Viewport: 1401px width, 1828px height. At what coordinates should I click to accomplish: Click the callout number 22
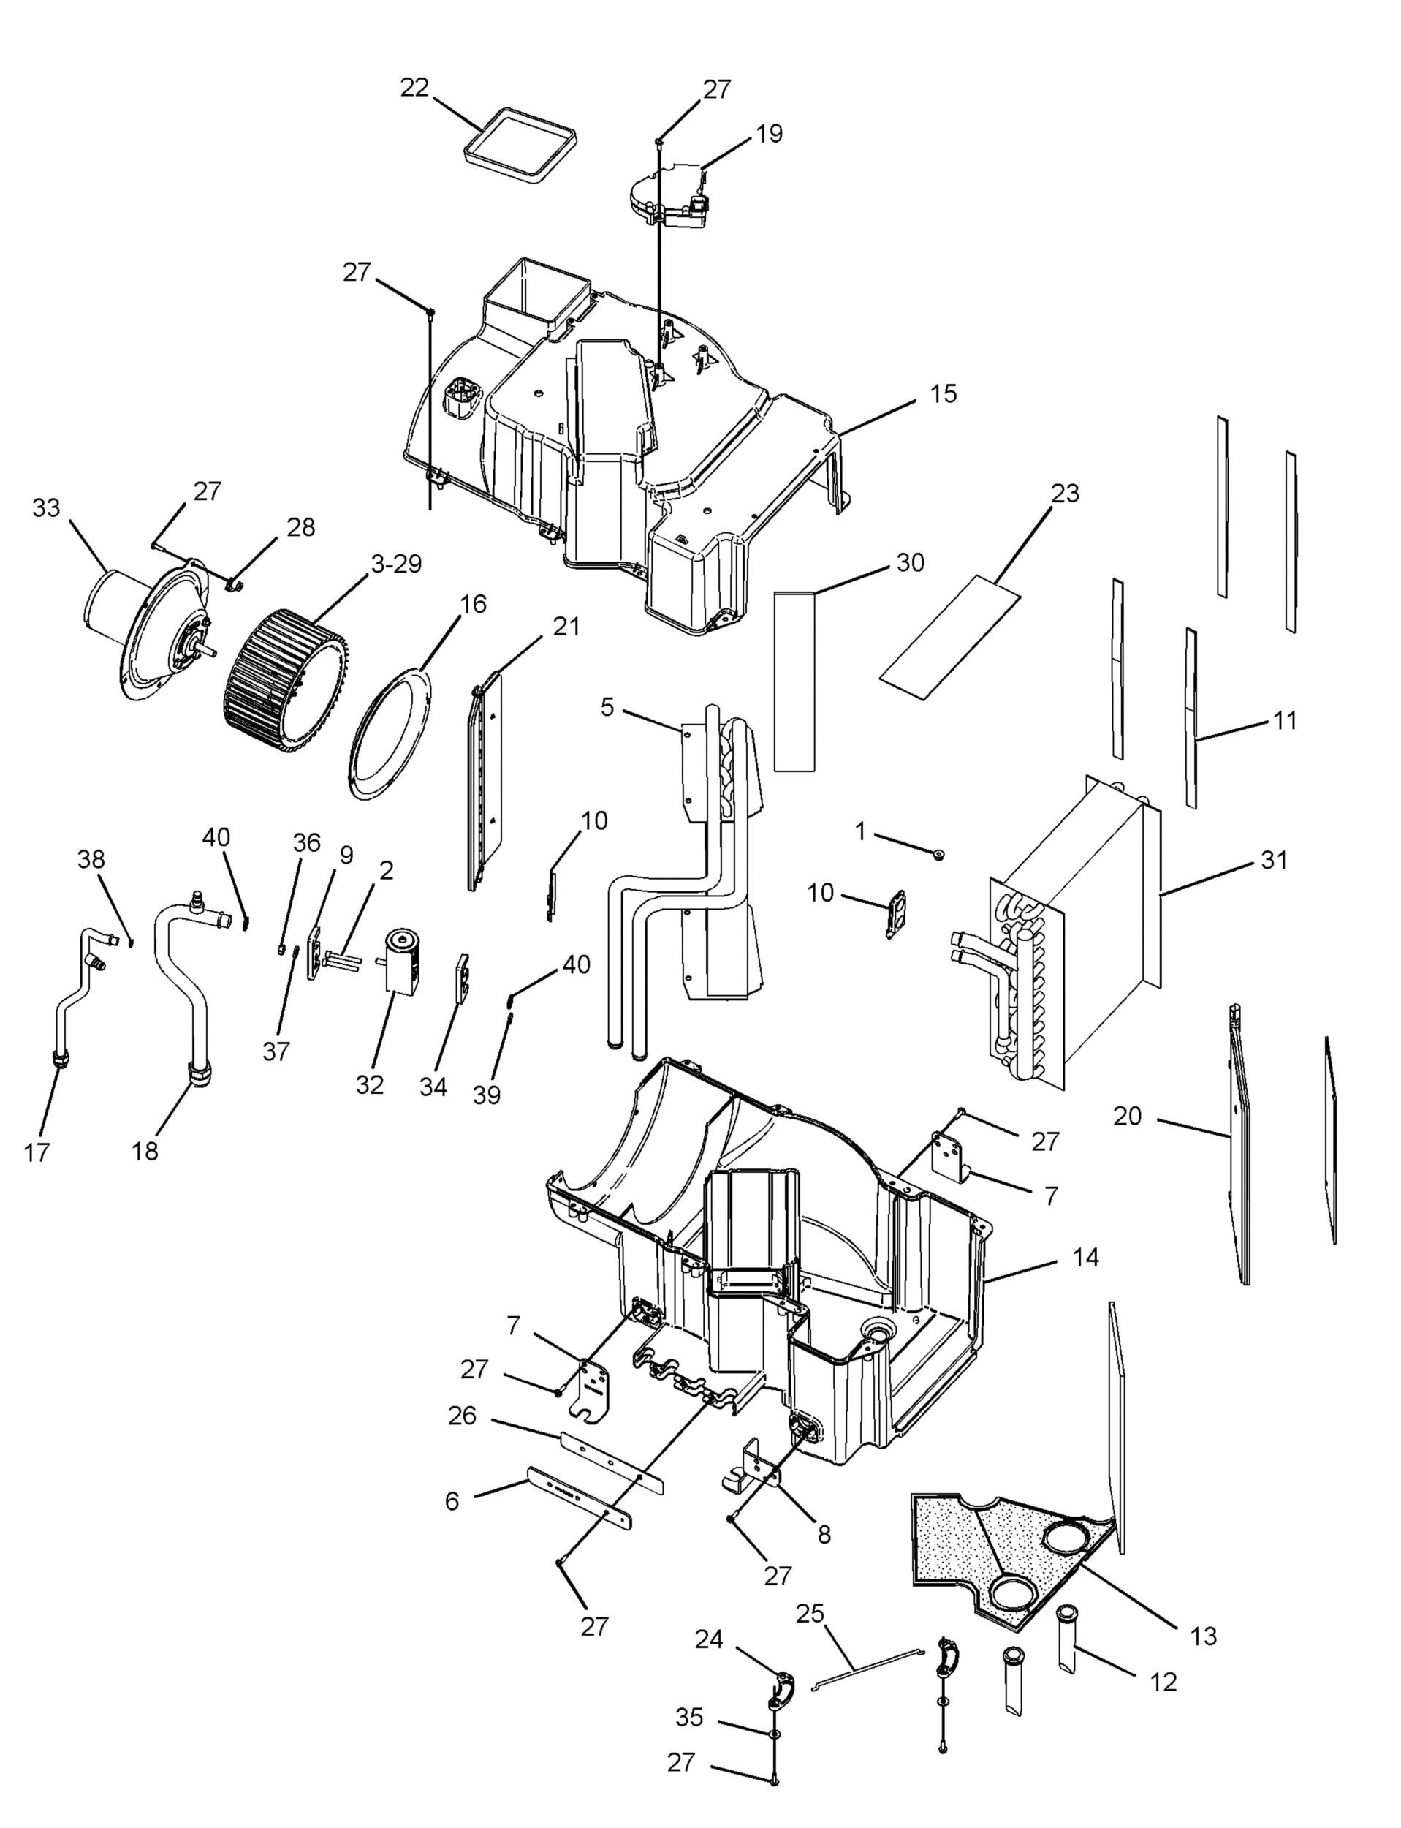414,88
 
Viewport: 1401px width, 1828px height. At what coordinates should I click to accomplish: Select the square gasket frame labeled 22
520,143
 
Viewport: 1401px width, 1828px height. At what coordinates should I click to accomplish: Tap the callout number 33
46,507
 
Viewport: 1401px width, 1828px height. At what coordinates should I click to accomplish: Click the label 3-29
396,564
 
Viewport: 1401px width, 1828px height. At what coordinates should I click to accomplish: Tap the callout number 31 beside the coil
1273,859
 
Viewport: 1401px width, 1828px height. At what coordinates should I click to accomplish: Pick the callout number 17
37,1153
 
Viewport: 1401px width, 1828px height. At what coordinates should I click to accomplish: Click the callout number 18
145,1152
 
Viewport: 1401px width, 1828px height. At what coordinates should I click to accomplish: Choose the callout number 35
690,1718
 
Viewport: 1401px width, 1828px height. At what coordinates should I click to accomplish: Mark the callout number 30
911,563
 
